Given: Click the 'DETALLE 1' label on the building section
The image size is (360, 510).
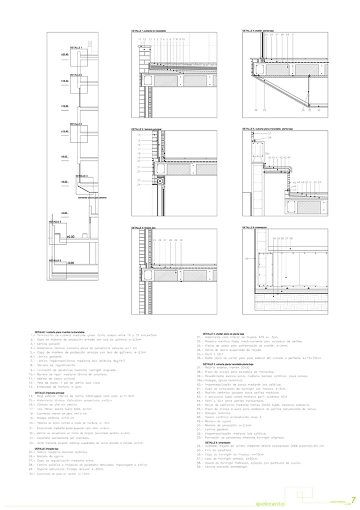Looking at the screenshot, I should [x=75, y=48].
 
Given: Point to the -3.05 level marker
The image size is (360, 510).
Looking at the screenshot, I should [x=71, y=263].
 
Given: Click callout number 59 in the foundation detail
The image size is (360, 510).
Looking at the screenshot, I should [x=246, y=258].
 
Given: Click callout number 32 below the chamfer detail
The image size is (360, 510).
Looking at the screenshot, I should [x=256, y=111].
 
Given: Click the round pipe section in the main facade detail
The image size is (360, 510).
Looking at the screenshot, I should [x=159, y=182].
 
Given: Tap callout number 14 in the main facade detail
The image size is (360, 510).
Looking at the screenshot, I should [x=138, y=136].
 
